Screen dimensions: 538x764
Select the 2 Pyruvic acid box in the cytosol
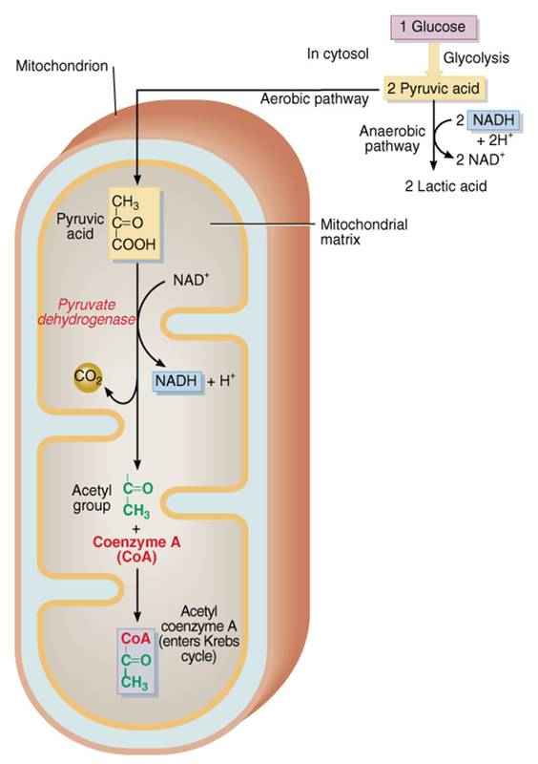[x=434, y=89]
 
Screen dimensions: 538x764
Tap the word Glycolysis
[x=476, y=58]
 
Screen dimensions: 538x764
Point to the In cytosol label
[x=338, y=53]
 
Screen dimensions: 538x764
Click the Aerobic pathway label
[x=314, y=99]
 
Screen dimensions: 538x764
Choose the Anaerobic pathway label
[x=392, y=138]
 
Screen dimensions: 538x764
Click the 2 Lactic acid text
[x=445, y=185]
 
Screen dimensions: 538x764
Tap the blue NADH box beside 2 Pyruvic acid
[x=494, y=120]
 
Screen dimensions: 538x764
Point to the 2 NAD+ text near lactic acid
[x=480, y=159]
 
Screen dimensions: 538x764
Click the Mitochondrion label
[x=62, y=66]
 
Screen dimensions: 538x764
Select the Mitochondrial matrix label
[x=363, y=232]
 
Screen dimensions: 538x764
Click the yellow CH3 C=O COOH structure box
[x=134, y=223]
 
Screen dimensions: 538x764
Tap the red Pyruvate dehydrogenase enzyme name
[x=87, y=312]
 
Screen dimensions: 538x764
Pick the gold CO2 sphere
[x=88, y=377]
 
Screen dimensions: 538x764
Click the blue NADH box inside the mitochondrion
[x=176, y=381]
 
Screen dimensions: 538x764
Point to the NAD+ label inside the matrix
[x=191, y=280]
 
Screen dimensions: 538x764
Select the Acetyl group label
[x=92, y=498]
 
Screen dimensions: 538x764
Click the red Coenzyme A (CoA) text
[x=136, y=549]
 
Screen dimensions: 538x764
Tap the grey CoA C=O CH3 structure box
[x=135, y=660]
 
